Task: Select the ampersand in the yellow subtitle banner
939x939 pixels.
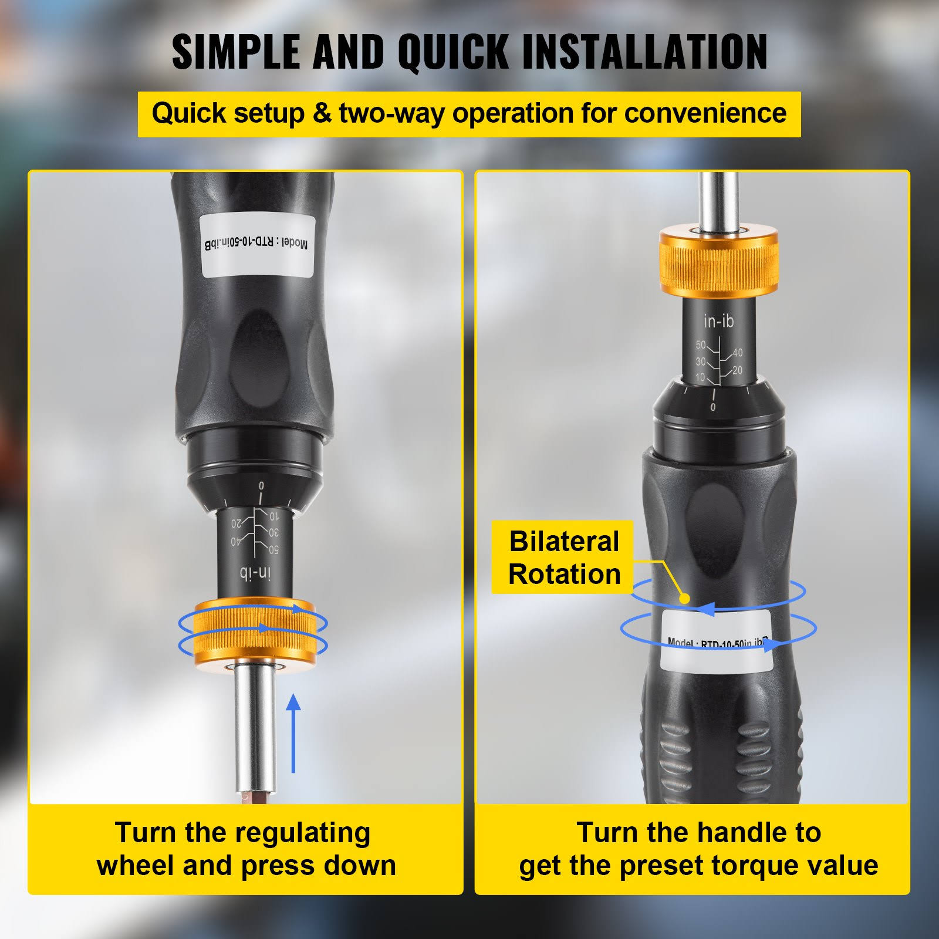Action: pos(322,113)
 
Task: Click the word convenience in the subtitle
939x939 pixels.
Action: pos(705,113)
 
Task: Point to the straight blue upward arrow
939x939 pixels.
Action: pos(293,734)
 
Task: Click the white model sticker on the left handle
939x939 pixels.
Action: pos(257,245)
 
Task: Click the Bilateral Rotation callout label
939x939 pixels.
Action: pos(563,558)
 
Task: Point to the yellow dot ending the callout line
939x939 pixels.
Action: pos(684,598)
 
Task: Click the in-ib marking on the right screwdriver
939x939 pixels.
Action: pos(718,321)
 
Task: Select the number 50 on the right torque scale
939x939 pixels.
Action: pos(701,345)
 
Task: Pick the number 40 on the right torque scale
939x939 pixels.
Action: pos(737,352)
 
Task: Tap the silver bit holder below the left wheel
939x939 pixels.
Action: pos(255,728)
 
